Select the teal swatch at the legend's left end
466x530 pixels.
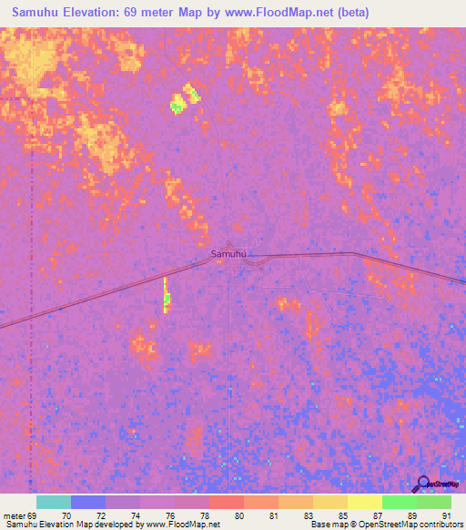tap(54, 502)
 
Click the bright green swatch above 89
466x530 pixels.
tap(400, 502)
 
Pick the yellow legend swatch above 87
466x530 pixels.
tap(365, 502)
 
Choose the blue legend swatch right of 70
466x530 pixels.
tap(88, 502)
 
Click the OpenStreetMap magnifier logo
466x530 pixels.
tap(423, 484)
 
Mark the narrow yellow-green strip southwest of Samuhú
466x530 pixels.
tap(167, 296)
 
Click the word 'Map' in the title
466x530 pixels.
tap(208, 14)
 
